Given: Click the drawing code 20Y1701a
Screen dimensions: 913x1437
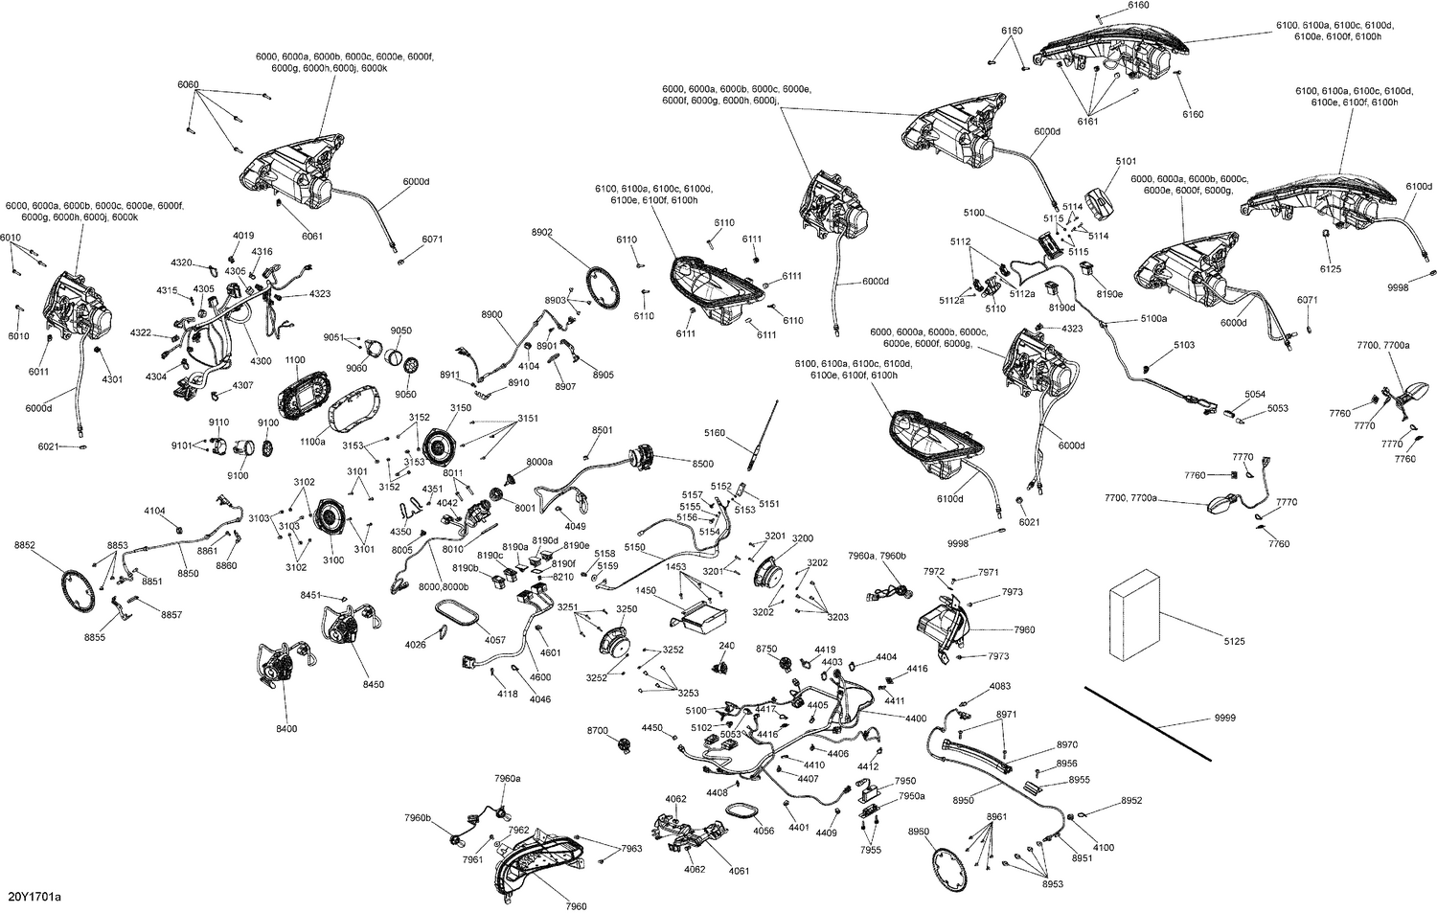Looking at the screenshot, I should [x=34, y=898].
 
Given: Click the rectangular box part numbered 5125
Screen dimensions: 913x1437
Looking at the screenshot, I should [x=1133, y=613].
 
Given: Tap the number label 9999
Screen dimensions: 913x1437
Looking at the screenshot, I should [x=1224, y=718].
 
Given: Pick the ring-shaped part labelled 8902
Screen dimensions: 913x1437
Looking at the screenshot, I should [x=600, y=285].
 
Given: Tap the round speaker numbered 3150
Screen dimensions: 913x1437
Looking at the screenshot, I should [x=444, y=449].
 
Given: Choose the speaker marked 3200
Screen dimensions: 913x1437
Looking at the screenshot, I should [x=772, y=575].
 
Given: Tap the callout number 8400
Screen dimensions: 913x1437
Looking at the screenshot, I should [x=286, y=729].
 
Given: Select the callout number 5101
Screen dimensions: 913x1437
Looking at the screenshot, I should [x=1126, y=162].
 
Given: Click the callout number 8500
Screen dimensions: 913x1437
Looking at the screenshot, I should [x=702, y=464].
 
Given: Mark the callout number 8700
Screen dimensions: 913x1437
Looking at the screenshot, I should [x=597, y=731].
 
